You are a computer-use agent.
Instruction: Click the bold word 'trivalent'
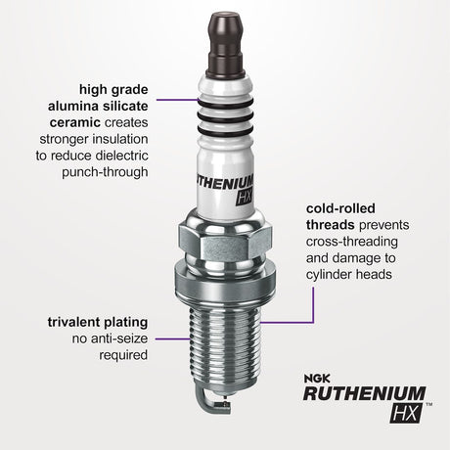tap(71, 320)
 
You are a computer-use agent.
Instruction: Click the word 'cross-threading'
tap(355, 241)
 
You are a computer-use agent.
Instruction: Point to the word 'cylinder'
tap(330, 275)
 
